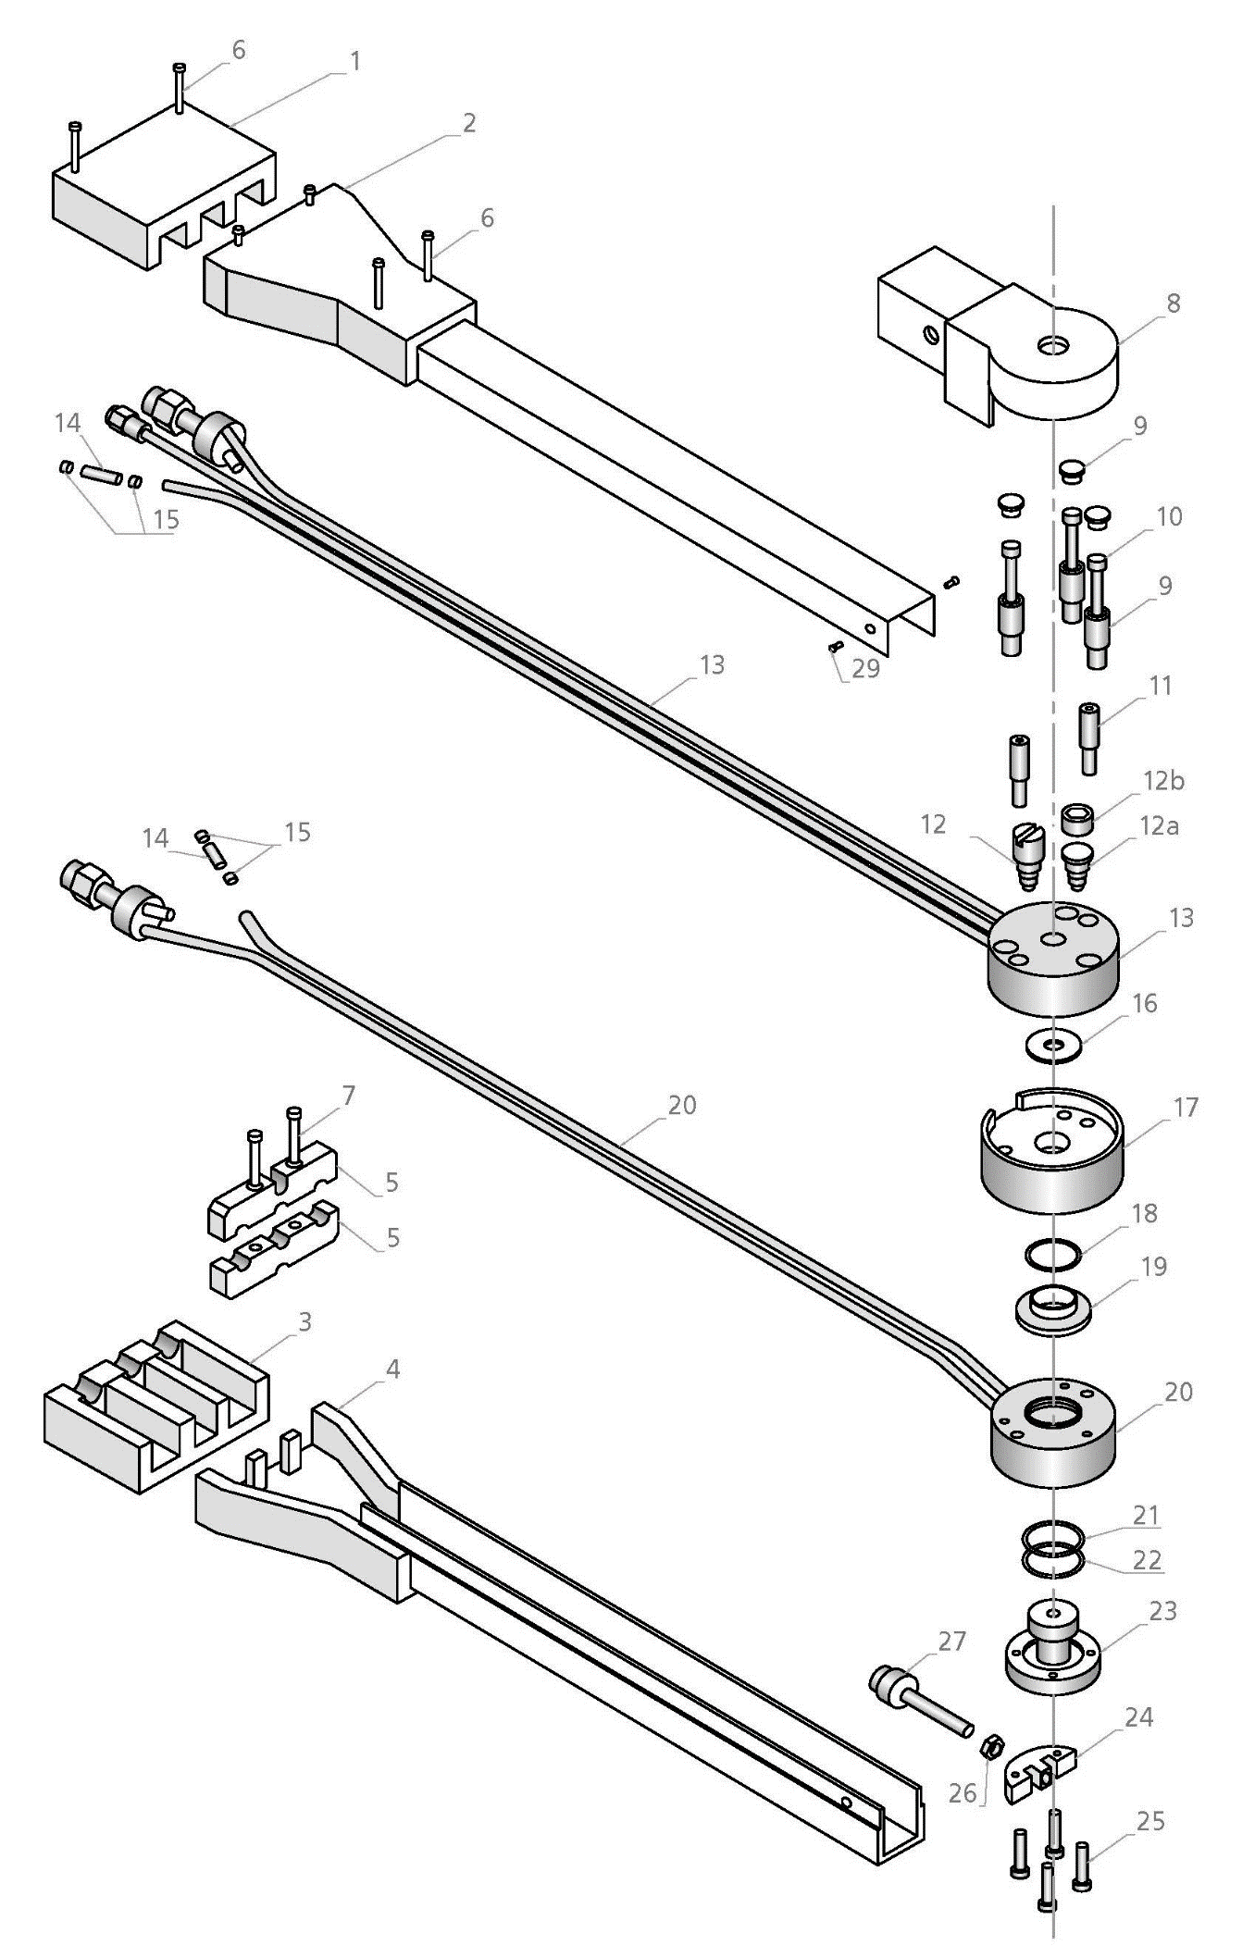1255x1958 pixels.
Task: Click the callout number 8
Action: (1173, 304)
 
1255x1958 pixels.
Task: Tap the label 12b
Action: (1163, 781)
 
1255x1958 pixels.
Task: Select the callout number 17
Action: (1186, 1107)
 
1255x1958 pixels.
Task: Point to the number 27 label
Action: (952, 1641)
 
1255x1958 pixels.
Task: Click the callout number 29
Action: (865, 668)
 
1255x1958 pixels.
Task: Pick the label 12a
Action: (1160, 825)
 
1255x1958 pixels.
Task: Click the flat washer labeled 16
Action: (1051, 1045)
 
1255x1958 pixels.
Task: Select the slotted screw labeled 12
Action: (1026, 856)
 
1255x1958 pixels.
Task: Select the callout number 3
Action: (304, 1322)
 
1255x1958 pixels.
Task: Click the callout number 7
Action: (348, 1096)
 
